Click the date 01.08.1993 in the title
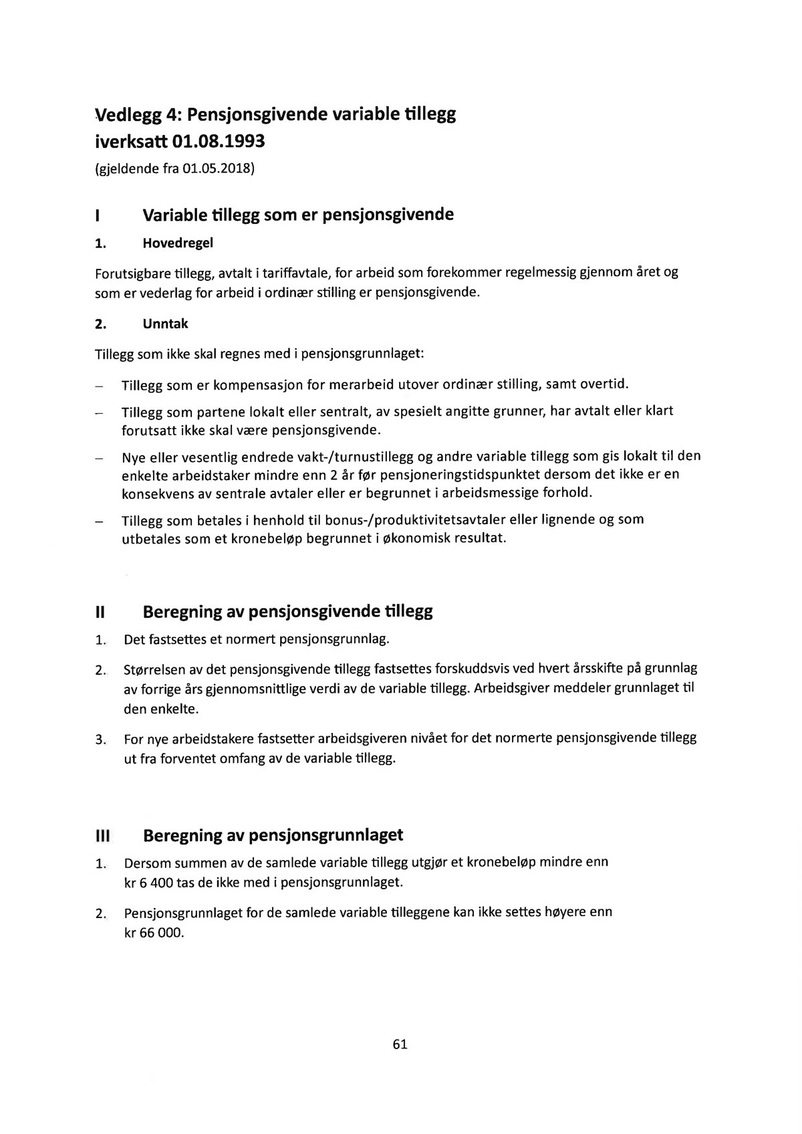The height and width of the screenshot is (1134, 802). point(219,142)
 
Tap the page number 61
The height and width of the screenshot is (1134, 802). point(400,1044)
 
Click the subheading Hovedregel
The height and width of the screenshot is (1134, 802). point(178,243)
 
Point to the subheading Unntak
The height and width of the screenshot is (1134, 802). point(165,324)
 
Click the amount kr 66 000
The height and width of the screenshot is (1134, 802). point(153,933)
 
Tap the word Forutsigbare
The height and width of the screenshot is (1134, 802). point(132,273)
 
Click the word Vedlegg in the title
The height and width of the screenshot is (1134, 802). point(129,114)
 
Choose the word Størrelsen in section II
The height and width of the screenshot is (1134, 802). point(155,669)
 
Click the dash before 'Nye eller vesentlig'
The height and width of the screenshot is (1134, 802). point(99,459)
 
